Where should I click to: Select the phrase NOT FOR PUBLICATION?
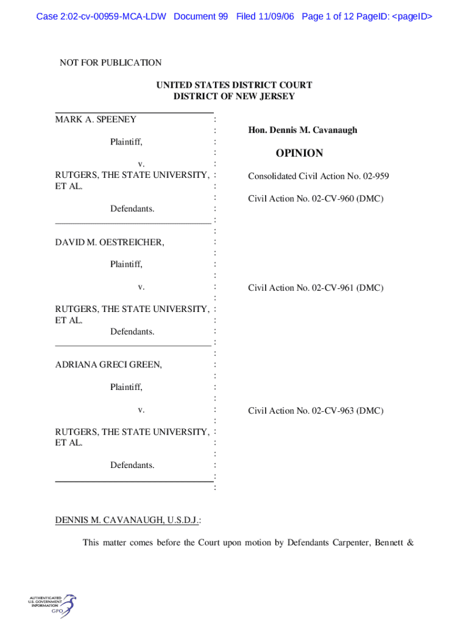pos(110,63)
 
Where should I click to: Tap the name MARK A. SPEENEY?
pos(96,119)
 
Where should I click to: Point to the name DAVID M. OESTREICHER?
pos(110,243)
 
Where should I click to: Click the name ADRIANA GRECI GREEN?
pos(108,365)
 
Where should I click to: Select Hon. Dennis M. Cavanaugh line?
pos(303,130)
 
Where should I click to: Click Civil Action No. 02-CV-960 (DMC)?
pos(316,199)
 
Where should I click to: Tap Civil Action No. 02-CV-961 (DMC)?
pos(316,288)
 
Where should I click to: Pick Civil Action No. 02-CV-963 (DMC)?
pos(316,411)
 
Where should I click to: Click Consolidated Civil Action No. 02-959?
pos(318,177)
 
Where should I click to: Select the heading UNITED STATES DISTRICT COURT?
pos(234,85)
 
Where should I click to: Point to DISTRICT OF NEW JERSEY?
pos(234,96)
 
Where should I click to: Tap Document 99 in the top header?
pos(200,16)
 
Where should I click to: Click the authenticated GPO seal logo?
pos(52,606)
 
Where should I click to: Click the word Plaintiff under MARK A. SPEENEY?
pos(126,142)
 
